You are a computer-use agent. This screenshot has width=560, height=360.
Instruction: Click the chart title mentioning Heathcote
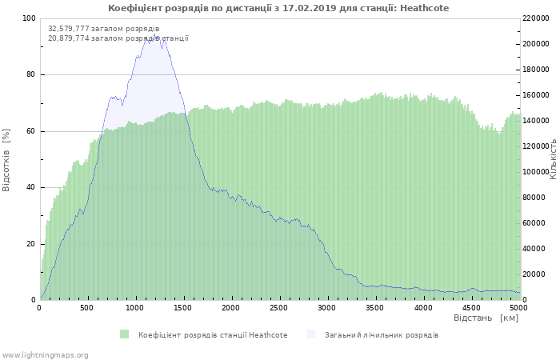278,8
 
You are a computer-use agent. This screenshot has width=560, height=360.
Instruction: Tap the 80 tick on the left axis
30,75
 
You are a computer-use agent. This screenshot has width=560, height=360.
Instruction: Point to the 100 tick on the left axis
29,18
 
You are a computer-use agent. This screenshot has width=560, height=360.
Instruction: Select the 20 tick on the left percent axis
30,244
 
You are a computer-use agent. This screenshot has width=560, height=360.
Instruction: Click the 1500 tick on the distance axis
183,307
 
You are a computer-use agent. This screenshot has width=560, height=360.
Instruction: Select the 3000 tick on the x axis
327,307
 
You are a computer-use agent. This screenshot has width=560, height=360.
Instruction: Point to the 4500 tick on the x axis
470,307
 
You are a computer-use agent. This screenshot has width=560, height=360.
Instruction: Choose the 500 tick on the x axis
88,307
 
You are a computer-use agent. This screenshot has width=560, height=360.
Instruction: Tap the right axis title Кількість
553,158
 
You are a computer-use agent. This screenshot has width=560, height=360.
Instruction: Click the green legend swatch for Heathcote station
124,334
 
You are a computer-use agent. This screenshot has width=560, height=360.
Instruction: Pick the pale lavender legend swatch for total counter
310,334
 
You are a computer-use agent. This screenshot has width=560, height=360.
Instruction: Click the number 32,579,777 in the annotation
68,29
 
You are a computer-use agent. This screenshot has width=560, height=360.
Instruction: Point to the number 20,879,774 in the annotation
68,38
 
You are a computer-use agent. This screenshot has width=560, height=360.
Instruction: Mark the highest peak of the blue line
152,37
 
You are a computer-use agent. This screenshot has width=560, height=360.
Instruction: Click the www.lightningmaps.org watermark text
45,354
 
